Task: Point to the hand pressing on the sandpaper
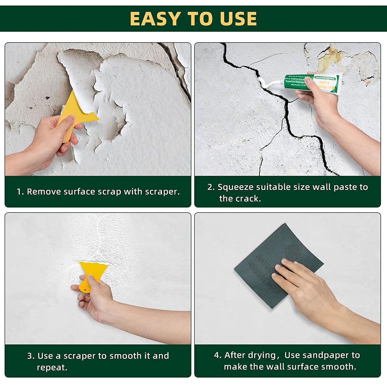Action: (x=303, y=284)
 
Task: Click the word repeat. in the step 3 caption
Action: (x=52, y=367)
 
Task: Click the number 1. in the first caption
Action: (x=20, y=192)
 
